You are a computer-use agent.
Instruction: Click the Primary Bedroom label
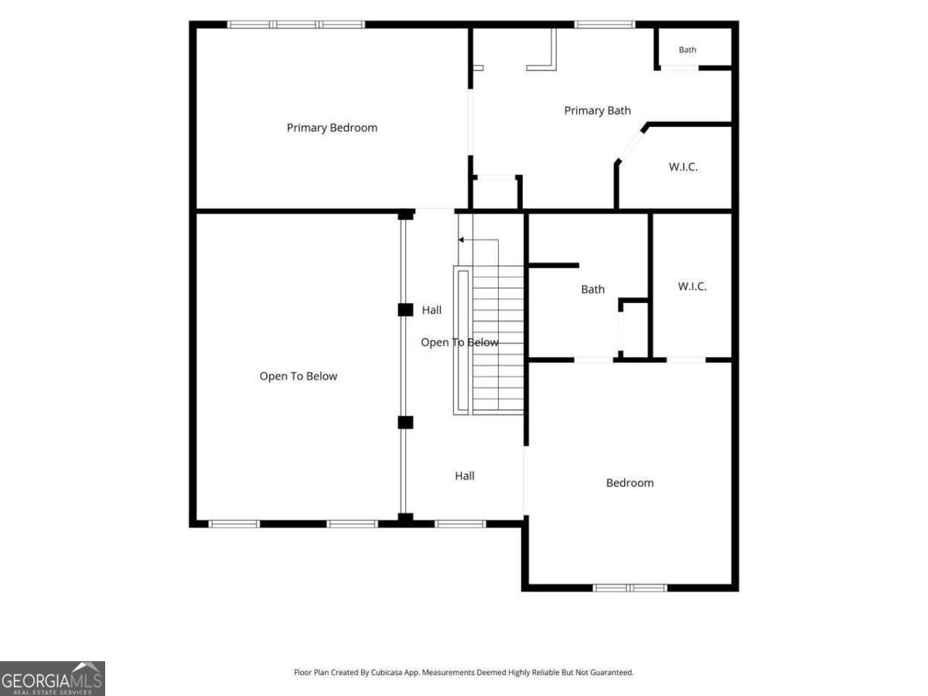pos(332,128)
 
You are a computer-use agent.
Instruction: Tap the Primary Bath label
pos(597,111)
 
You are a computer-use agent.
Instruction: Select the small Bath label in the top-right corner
pos(687,49)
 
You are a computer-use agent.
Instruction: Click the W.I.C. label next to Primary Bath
pos(683,167)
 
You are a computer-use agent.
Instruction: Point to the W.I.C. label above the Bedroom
pos(692,286)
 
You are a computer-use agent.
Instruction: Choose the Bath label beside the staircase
pos(592,289)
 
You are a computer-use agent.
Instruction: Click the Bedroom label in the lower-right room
pos(629,483)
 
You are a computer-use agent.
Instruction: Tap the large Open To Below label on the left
pos(298,376)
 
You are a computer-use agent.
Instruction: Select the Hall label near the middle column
pos(432,310)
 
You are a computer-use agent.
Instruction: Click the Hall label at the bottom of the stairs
pos(465,476)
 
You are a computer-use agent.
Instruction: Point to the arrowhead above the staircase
pos(461,240)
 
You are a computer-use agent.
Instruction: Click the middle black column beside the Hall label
pos(405,310)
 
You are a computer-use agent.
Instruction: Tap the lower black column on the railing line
pos(405,422)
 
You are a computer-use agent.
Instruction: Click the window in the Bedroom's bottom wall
pos(629,588)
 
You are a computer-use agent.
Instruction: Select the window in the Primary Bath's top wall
pos(605,25)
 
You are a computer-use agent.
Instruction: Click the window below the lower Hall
pos(460,524)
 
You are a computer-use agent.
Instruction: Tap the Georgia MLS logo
pos(53,679)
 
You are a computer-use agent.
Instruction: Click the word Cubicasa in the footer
pos(387,672)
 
